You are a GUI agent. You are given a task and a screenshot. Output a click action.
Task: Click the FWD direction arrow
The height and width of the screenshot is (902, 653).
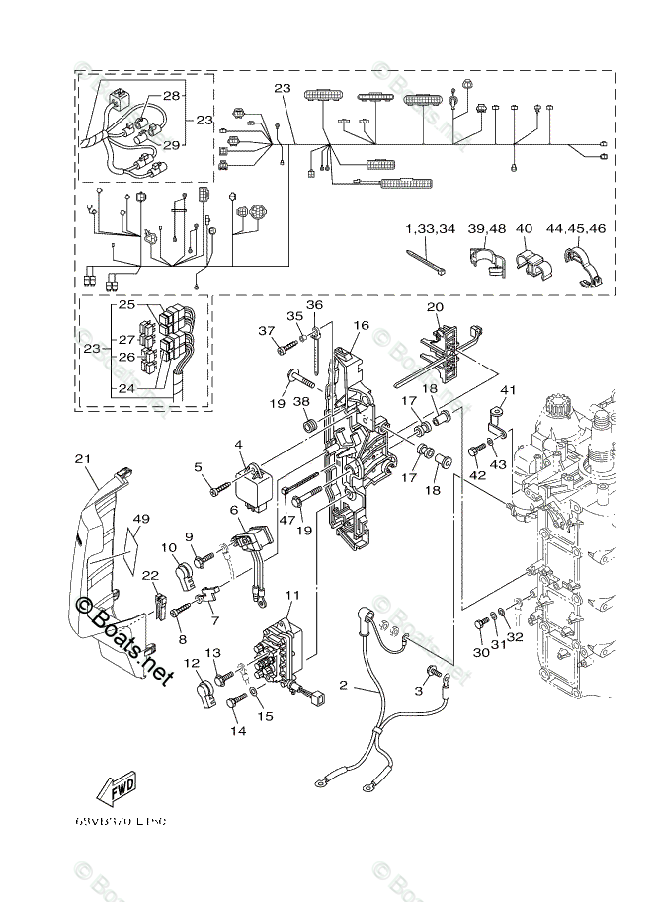point(117,790)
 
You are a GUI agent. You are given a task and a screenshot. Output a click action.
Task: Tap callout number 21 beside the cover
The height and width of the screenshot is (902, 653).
point(81,458)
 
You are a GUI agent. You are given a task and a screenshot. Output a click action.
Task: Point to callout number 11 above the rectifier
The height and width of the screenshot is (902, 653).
point(292,595)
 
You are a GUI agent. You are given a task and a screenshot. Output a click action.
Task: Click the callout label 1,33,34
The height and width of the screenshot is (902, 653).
point(430,229)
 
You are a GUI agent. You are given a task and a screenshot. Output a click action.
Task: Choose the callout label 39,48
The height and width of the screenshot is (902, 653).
point(487,229)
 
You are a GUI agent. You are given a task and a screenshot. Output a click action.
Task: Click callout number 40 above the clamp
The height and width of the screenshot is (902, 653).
point(524,229)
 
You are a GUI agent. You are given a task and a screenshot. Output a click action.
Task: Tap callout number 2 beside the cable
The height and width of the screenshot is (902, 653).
point(344,685)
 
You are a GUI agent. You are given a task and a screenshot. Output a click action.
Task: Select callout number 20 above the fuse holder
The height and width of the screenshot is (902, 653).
point(435,307)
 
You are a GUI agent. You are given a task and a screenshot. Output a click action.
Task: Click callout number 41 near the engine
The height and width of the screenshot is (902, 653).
point(508,390)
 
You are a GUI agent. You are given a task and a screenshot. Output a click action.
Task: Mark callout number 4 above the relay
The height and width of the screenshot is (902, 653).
point(238,446)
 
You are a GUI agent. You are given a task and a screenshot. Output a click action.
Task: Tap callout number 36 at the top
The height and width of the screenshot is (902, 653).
point(314,305)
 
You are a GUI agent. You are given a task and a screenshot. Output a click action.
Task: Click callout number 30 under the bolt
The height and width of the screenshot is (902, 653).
point(480,651)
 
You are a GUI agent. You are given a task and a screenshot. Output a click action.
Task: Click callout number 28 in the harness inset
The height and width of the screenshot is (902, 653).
point(172,96)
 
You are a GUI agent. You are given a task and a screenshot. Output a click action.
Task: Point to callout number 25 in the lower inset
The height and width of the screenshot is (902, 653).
point(126,306)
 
